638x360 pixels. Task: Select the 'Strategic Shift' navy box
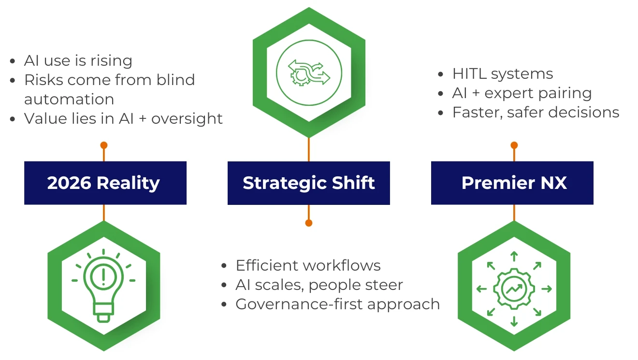[x=308, y=183]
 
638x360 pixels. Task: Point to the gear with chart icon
[x=514, y=289]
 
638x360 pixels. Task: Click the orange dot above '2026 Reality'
[x=103, y=145]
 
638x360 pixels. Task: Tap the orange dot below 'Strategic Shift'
[x=309, y=223]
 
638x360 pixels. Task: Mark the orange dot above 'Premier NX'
[x=514, y=145]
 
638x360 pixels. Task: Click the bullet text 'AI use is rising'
[x=78, y=61]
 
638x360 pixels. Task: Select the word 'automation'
[x=69, y=99]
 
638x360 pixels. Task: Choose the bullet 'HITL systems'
[x=503, y=74]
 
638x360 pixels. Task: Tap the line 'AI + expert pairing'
[x=522, y=93]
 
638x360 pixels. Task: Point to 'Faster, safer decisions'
[x=536, y=113]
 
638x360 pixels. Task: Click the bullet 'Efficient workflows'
[x=308, y=265]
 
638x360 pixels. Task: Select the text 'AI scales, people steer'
[x=319, y=285]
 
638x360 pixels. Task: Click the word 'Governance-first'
[x=294, y=304]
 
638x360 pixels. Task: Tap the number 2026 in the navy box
[x=69, y=183]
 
